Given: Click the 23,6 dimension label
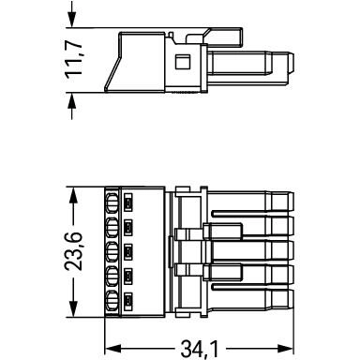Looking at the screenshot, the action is [73, 251].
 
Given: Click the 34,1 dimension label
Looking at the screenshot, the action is [200, 349].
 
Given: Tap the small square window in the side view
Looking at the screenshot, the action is [183, 62].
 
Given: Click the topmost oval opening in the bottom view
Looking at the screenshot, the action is [112, 201].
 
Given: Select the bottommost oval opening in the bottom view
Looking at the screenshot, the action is [112, 300].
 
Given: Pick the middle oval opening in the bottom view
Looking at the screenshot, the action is [112, 250].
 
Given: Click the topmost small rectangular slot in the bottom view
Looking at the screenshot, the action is [128, 201].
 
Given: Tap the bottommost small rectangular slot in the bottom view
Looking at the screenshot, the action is [128, 300].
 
